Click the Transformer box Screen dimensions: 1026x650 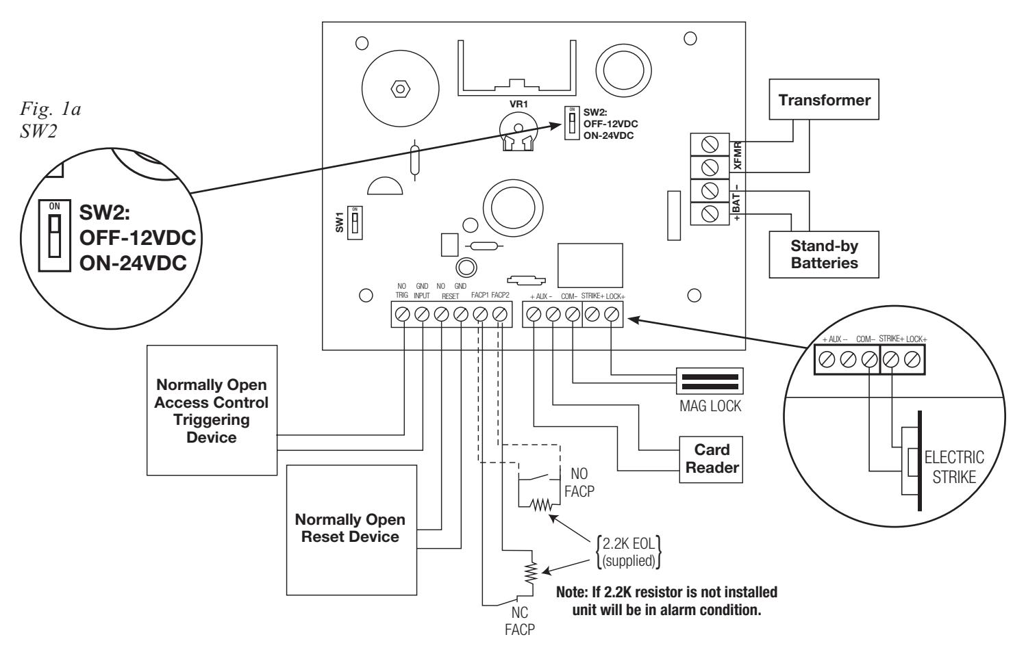click(824, 99)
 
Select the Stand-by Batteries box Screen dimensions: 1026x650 click(824, 255)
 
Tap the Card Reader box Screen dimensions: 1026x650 click(711, 459)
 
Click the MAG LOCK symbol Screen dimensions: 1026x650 click(710, 381)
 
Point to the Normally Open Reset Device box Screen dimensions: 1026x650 click(351, 530)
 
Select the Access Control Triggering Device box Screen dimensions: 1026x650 click(212, 410)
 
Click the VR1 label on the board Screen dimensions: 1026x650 click(518, 104)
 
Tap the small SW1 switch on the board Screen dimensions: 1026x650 click(355, 222)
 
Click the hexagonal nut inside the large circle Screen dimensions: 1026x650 click(400, 88)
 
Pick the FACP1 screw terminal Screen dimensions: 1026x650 click(480, 314)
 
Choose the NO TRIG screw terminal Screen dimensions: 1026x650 click(402, 314)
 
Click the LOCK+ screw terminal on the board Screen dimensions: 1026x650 click(612, 314)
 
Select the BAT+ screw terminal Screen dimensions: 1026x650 click(710, 213)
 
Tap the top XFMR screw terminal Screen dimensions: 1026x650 click(710, 144)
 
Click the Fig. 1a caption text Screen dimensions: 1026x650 click(51, 109)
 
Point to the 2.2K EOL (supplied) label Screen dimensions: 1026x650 click(629, 552)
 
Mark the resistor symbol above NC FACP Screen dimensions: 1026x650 click(531, 573)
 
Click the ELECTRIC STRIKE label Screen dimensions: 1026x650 click(954, 467)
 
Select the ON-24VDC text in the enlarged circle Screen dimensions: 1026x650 click(133, 263)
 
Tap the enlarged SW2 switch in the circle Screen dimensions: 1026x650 click(55, 235)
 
